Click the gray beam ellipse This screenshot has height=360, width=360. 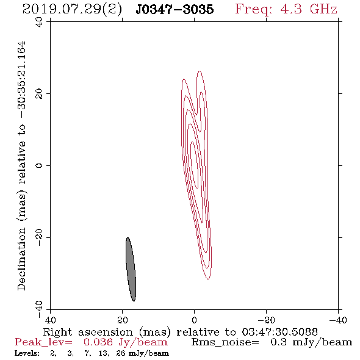coord(131,269)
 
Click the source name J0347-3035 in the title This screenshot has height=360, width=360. coord(175,10)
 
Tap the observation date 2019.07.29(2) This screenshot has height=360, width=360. coord(72,10)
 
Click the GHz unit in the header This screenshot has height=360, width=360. coord(323,9)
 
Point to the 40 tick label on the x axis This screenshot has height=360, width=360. coord(50,320)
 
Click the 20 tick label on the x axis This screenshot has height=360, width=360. coord(122,320)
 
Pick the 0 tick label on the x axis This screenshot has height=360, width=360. coord(194,320)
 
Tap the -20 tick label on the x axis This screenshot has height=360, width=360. coord(266,320)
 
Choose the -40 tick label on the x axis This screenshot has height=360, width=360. coord(338,320)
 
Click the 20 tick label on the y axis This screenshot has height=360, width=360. coord(39,94)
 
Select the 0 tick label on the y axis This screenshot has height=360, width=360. coord(39,165)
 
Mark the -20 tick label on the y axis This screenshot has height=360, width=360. coord(39,237)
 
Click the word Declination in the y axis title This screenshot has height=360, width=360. coord(21,259)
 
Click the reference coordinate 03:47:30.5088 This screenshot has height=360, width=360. coord(279,332)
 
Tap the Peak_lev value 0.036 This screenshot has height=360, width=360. coord(98,342)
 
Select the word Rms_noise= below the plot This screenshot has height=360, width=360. coord(225,342)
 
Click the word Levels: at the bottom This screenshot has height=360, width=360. coord(27,353)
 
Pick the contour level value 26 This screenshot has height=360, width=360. coord(121,353)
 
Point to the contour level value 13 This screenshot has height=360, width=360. coord(103,353)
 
